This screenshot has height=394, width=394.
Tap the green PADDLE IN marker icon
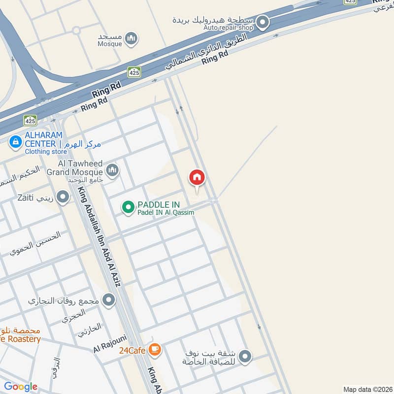[128, 207]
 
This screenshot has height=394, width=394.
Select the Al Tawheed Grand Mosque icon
[112, 170]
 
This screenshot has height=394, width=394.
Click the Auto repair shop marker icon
[263, 22]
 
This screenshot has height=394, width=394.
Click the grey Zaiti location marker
[63, 198]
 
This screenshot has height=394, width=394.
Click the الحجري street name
[73, 315]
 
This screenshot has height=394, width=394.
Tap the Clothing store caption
[46, 152]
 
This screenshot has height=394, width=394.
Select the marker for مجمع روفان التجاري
[108, 299]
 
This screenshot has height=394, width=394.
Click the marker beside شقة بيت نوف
[245, 356]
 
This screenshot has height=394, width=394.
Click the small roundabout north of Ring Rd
[76, 30]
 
